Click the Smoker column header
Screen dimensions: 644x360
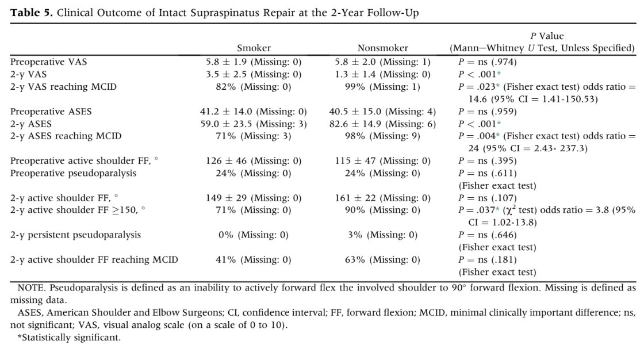pyautogui.click(x=254, y=48)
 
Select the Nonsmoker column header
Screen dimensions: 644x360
pyautogui.click(x=383, y=48)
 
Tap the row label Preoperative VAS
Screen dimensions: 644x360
pyautogui.click(x=48, y=62)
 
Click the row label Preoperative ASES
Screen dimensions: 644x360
pyautogui.click(x=51, y=112)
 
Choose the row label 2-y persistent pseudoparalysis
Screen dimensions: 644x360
pyautogui.click(x=75, y=235)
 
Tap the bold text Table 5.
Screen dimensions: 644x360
pyautogui.click(x=32, y=13)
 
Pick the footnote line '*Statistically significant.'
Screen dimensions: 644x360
pyautogui.click(x=69, y=338)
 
